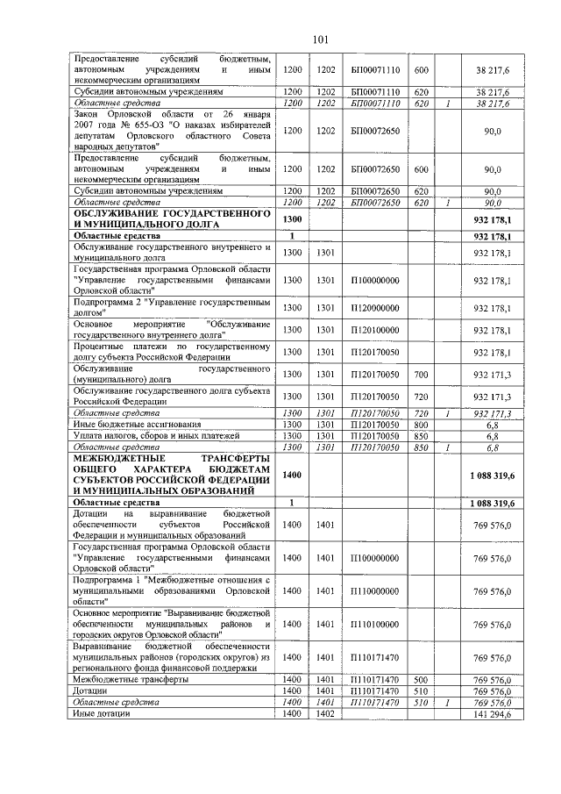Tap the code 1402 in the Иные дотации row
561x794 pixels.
[x=325, y=715]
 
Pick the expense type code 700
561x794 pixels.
[x=421, y=375]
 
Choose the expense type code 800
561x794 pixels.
[x=421, y=424]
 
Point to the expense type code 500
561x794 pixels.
[x=421, y=680]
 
